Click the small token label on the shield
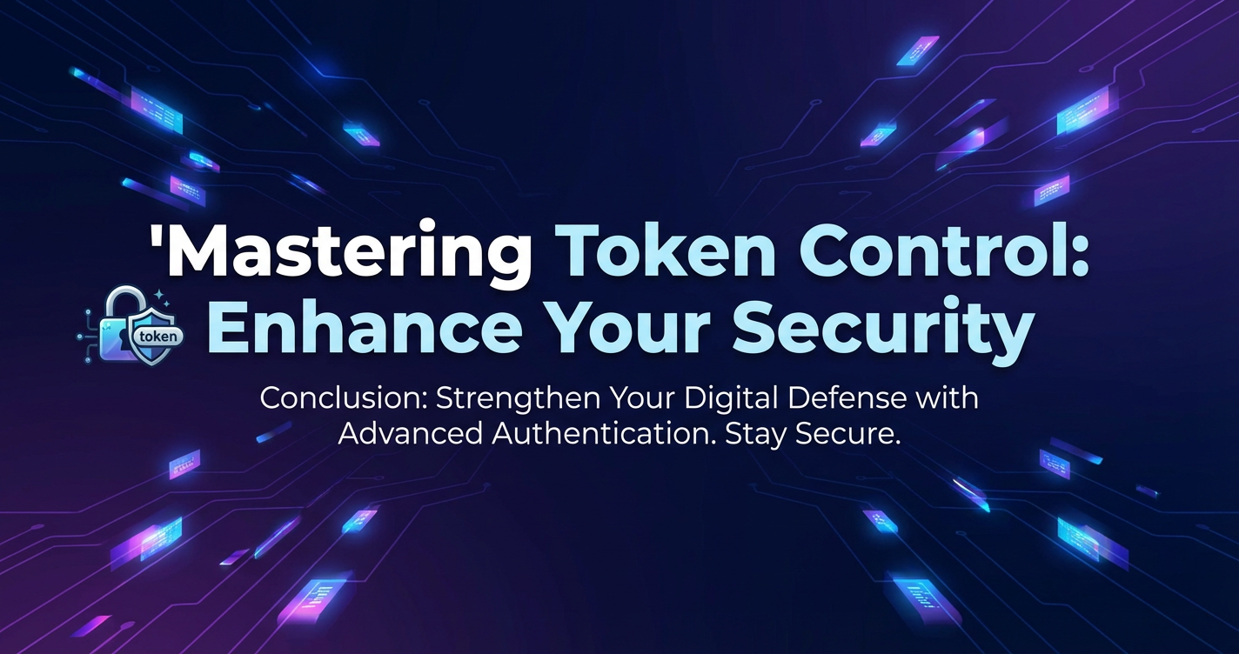pos(158,336)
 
